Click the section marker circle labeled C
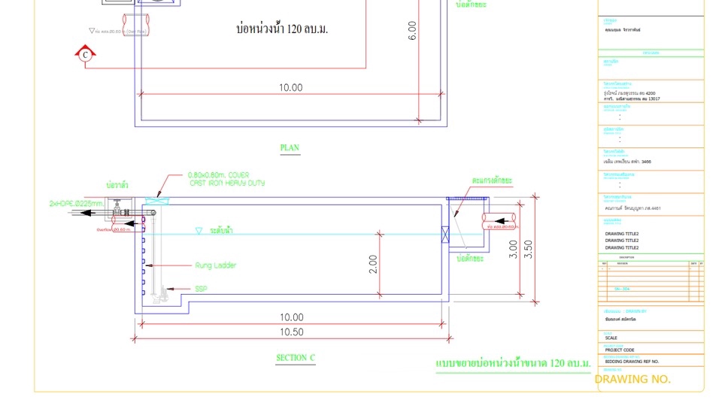(86, 54)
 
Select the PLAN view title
(290, 147)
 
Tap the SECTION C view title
(296, 358)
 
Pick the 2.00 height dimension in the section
(373, 264)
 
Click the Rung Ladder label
(216, 265)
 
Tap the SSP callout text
(201, 289)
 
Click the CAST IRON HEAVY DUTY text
(226, 183)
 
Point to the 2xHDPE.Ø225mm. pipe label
(77, 203)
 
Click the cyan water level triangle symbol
(199, 231)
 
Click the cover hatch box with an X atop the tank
(158, 201)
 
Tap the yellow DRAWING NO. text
(632, 379)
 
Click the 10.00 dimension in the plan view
(290, 88)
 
